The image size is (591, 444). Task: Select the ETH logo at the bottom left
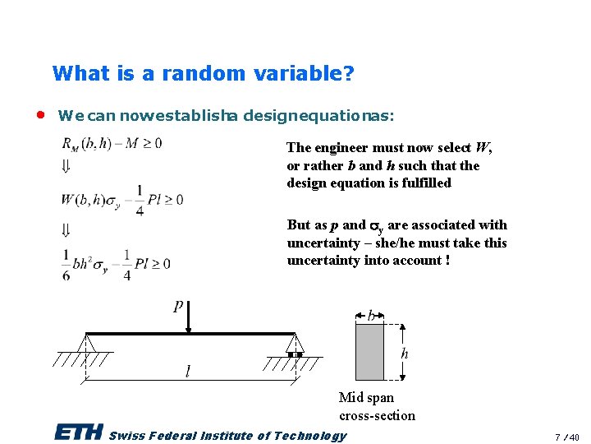point(78,432)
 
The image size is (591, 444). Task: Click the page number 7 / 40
point(567,437)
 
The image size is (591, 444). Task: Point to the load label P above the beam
point(179,306)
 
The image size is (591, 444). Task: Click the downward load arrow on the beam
point(189,319)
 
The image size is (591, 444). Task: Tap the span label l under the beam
point(188,372)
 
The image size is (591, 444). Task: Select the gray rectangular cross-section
point(369,351)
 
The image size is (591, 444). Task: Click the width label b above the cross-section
point(371,317)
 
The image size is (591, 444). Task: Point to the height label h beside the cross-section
point(404,354)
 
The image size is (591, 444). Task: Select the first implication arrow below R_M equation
point(66,168)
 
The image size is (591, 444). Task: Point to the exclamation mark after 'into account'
point(447,261)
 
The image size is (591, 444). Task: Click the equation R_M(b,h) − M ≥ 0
point(112,144)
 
